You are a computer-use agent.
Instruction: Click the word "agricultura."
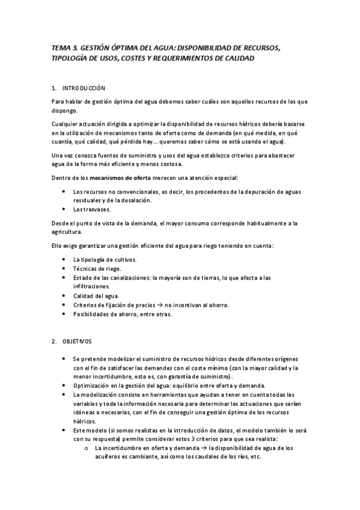click(69, 232)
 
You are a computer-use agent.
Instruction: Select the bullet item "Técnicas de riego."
click(97, 268)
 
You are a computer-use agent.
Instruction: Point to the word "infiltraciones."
click(92, 286)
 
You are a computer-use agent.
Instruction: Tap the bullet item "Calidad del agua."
click(96, 295)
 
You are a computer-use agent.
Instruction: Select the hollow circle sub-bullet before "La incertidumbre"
click(88, 448)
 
